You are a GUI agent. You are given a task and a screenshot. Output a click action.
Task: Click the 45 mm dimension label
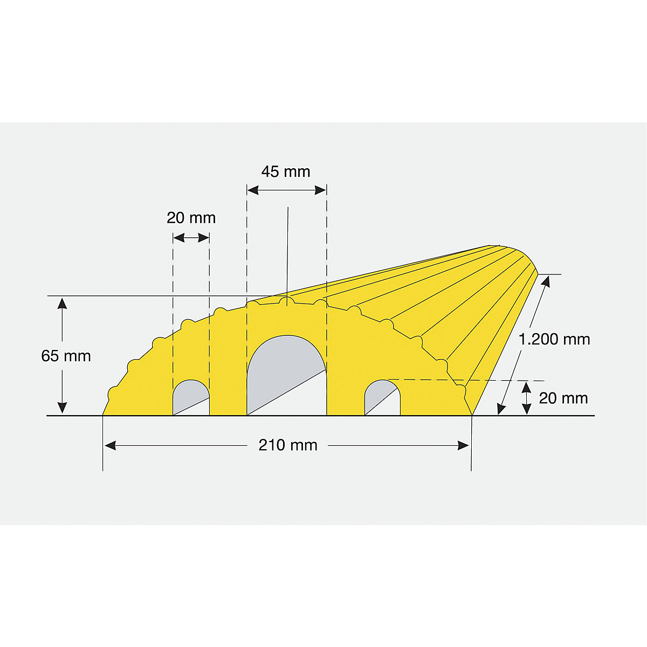(286, 171)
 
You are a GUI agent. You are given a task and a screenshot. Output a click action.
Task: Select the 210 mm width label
(288, 445)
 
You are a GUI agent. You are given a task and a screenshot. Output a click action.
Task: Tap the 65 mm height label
(66, 356)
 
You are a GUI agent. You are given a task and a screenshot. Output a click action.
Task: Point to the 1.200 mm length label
(554, 339)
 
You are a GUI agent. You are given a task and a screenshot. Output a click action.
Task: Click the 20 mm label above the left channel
(191, 218)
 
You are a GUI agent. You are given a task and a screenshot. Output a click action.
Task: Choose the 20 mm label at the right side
(563, 398)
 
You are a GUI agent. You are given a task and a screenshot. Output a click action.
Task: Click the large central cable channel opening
(286, 372)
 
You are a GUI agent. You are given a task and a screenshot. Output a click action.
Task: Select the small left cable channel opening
(191, 397)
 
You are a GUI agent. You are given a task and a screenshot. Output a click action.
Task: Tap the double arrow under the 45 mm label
(286, 190)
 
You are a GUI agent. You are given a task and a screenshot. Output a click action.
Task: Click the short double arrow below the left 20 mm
(191, 237)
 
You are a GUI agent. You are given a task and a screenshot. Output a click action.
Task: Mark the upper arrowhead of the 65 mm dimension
(63, 302)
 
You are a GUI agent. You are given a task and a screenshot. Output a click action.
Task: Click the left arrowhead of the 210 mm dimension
(109, 445)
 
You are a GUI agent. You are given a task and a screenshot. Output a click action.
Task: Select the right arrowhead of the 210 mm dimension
(463, 445)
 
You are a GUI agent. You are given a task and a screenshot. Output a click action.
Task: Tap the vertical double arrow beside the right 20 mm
(527, 398)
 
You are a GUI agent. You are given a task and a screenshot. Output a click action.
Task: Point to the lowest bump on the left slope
(113, 393)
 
